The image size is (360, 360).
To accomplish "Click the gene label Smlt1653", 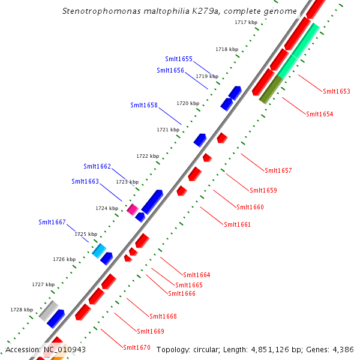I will pos(336,91).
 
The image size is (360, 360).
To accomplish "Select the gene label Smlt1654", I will pos(319,114).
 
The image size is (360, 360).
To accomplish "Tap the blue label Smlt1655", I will pos(179,59).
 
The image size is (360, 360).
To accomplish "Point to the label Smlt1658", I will pos(144,105).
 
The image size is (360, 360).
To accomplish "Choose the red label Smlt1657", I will pos(278,170).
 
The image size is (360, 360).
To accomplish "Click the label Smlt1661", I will pos(237,224).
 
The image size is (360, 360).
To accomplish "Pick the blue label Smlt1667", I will pos(52,222).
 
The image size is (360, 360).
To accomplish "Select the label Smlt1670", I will pos(136,347).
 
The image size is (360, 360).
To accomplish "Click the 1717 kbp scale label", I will pos(246,22).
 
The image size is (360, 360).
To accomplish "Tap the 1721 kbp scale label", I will pos(168,130).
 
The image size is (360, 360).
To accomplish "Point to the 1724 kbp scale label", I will pos(107,208).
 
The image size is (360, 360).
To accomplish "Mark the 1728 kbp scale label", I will pos(22,310).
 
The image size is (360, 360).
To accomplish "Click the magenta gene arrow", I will pos(133,209).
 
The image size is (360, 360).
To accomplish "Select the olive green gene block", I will pos(271,89).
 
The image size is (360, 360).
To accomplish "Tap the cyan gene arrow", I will pos(99,250).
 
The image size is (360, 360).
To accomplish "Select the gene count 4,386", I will pos(342,349).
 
